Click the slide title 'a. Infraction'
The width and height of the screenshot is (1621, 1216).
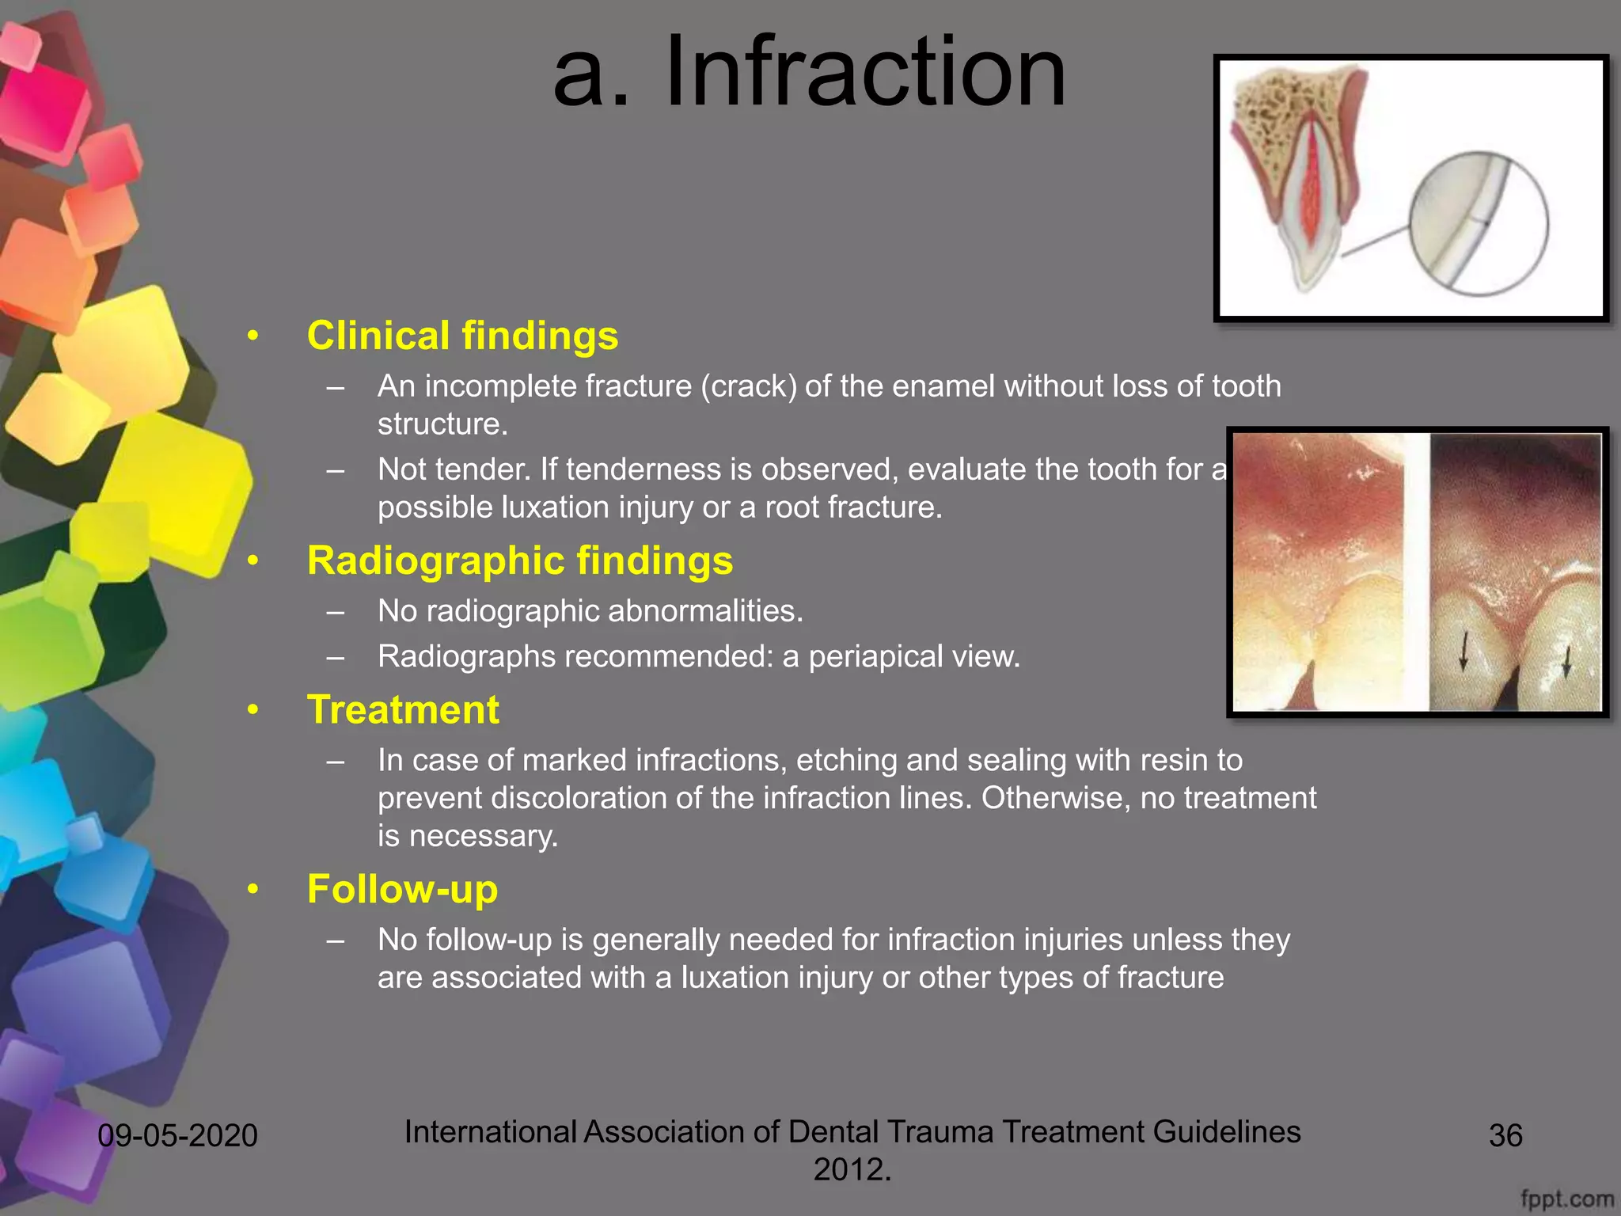[809, 73]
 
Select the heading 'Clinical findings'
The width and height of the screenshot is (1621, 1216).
[462, 336]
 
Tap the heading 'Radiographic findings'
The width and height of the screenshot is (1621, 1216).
[519, 560]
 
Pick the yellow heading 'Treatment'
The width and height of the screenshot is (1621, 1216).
[403, 709]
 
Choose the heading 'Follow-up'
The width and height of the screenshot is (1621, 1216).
[402, 889]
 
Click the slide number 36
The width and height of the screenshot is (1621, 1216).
[1505, 1136]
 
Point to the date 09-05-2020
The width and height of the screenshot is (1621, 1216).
[177, 1136]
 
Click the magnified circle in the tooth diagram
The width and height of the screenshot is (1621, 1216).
[1478, 223]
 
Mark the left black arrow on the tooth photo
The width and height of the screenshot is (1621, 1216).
[1463, 651]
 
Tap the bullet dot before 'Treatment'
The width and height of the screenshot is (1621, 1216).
[252, 709]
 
